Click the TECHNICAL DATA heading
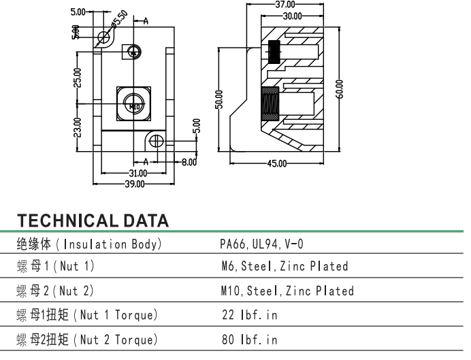93,220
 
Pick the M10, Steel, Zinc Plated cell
287,291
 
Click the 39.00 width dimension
133,184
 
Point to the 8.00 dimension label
188,162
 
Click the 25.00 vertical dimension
77,77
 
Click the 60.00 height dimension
340,89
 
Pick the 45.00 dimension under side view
276,164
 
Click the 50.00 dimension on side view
219,99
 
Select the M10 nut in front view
133,105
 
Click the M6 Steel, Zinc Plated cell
285,266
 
